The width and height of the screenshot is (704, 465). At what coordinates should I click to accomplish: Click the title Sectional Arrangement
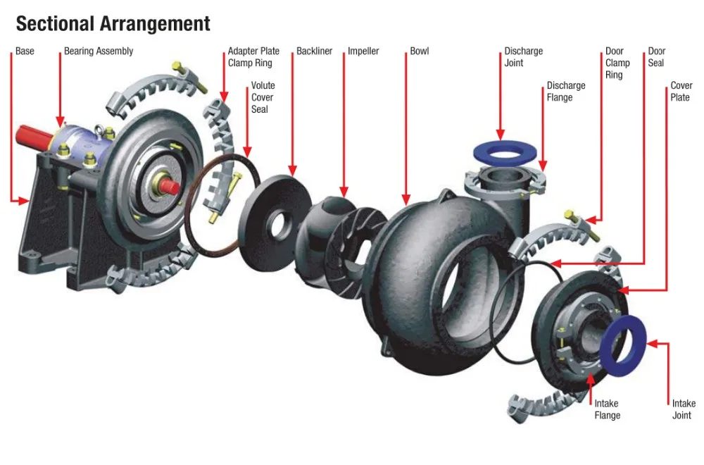point(113,23)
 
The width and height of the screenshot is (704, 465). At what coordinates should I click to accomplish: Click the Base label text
point(25,51)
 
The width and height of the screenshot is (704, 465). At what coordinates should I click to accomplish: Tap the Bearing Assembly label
point(99,51)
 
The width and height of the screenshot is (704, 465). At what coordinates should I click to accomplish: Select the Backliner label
point(314,51)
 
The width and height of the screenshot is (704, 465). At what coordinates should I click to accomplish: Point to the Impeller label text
point(363,51)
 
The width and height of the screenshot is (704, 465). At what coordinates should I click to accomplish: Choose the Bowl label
point(419,51)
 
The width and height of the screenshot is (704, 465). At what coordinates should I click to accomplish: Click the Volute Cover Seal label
point(263,97)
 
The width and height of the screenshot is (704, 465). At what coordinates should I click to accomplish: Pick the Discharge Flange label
point(566,92)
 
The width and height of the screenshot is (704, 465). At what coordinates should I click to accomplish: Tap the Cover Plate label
point(681,92)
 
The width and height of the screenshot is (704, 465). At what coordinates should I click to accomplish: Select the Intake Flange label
point(607,409)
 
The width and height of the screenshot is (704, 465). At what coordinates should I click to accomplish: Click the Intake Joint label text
point(683,409)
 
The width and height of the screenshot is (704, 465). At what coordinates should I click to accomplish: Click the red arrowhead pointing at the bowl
point(406,200)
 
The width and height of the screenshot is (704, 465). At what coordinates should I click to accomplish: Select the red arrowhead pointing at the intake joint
point(651,345)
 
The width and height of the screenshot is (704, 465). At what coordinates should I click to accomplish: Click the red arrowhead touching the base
point(24,201)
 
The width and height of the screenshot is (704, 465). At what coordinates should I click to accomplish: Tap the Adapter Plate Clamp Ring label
point(253,57)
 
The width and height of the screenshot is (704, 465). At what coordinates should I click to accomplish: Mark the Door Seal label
point(656,57)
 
